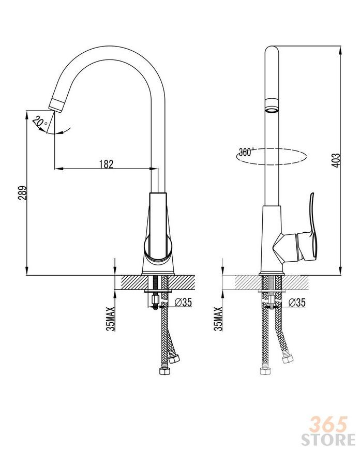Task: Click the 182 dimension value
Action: click(106, 164)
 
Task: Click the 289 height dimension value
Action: click(23, 192)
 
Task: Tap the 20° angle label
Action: click(40, 123)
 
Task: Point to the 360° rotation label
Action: click(246, 152)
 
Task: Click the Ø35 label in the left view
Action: click(183, 302)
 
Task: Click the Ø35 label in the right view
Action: click(297, 302)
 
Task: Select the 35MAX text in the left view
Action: click(111, 319)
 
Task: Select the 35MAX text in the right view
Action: click(218, 319)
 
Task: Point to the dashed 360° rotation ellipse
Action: click(271, 157)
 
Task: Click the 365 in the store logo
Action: click(329, 425)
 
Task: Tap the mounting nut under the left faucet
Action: click(155, 301)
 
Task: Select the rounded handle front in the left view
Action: click(158, 247)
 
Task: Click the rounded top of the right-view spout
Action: click(272, 51)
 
